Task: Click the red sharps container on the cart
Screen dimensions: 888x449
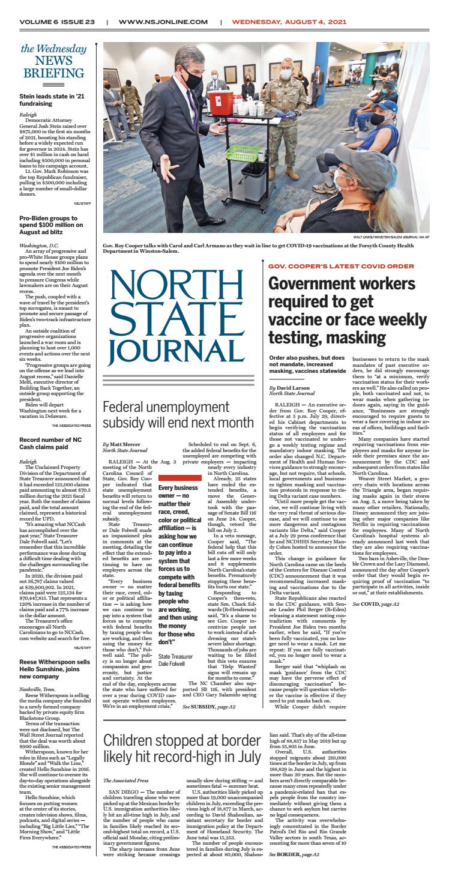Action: pos(222,103)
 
